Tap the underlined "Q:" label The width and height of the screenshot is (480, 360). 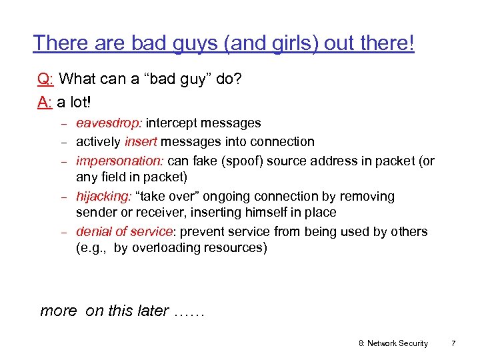46,79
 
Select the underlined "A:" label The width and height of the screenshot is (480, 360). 45,103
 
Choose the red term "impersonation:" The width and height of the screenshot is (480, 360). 120,161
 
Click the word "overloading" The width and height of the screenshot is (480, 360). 164,248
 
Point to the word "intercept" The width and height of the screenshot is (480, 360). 173,123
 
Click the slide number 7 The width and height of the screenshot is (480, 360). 453,343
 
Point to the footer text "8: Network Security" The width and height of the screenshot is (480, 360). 393,343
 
